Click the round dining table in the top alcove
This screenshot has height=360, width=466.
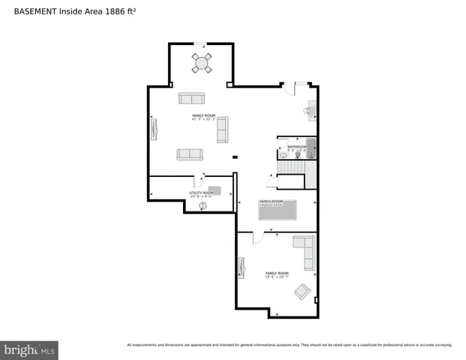202,63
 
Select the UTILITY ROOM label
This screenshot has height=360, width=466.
200,193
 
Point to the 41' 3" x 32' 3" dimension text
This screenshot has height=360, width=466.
203,119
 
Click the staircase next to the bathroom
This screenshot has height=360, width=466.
291,180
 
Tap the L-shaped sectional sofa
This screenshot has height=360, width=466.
305,250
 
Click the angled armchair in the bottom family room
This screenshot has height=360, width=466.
302,292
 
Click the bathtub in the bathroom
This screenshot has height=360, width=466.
311,146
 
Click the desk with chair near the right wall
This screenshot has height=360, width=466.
310,111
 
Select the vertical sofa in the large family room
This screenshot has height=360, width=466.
222,130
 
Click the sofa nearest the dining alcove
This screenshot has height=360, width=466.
191,98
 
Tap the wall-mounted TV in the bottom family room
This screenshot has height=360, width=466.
242,268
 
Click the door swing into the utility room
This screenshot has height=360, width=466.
200,180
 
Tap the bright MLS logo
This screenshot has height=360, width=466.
29,349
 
